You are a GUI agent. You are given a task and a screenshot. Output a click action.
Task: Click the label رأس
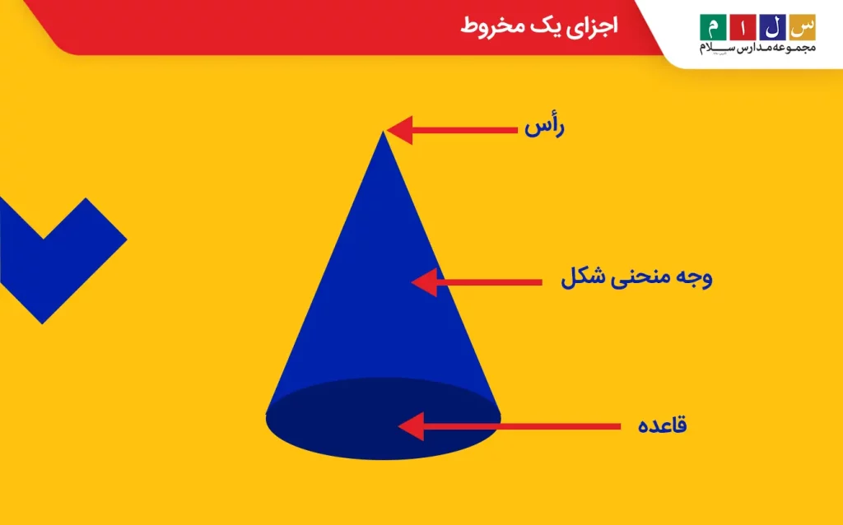pos(545,128)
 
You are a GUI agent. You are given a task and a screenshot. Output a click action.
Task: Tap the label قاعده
pos(663,425)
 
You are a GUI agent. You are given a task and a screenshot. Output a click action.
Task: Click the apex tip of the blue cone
pos(383,132)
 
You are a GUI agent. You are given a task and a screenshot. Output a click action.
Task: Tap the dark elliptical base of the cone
pos(383,419)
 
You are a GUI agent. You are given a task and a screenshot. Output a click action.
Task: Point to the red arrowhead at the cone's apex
pos(399,130)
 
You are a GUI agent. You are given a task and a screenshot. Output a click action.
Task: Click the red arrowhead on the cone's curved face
pos(424,282)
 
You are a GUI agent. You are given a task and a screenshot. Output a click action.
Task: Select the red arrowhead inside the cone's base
pos(411,426)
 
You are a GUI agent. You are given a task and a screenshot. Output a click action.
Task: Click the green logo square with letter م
pos(713,27)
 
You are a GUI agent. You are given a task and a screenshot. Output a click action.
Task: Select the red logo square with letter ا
pos(743,27)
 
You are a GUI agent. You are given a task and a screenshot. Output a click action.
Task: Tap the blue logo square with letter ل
pos(772,27)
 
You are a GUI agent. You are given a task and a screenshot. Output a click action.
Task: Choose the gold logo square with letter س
pos(802,27)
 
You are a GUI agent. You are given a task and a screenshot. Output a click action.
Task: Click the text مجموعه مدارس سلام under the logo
pos(757,49)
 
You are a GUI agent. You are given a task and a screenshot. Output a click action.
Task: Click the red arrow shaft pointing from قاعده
pos(522,426)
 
